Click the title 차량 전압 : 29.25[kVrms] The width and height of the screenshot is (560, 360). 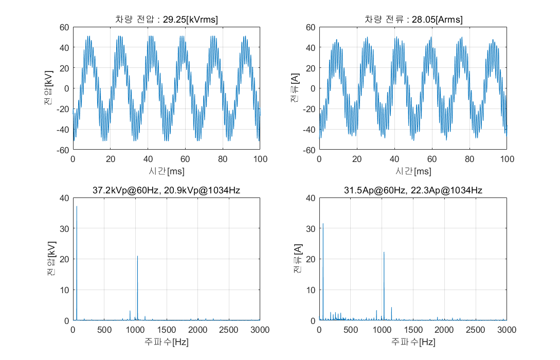[166, 20]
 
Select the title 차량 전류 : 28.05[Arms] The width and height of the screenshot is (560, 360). [413, 20]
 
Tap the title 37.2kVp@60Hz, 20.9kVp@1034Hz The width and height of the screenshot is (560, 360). [166, 190]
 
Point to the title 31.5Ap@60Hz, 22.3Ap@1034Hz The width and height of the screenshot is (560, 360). [413, 190]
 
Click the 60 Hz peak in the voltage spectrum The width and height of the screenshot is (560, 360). [77, 207]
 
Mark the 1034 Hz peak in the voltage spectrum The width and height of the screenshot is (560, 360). [137, 256]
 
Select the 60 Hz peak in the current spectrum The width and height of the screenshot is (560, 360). [323, 224]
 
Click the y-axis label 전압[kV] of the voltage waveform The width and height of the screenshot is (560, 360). [48, 88]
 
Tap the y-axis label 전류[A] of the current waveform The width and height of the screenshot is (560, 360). [295, 88]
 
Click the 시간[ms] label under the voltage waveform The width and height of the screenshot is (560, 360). [166, 171]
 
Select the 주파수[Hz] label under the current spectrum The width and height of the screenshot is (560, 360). [413, 341]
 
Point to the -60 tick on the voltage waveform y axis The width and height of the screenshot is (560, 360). [63, 150]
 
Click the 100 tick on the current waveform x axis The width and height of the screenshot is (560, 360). [507, 160]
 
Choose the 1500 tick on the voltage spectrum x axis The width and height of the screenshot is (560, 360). [166, 330]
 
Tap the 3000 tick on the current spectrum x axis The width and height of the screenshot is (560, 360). [507, 330]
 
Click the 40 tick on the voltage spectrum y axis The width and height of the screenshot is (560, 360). [64, 198]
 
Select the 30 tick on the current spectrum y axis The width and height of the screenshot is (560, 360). [311, 228]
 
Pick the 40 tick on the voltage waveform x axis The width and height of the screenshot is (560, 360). [148, 160]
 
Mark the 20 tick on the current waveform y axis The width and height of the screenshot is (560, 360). [311, 68]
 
